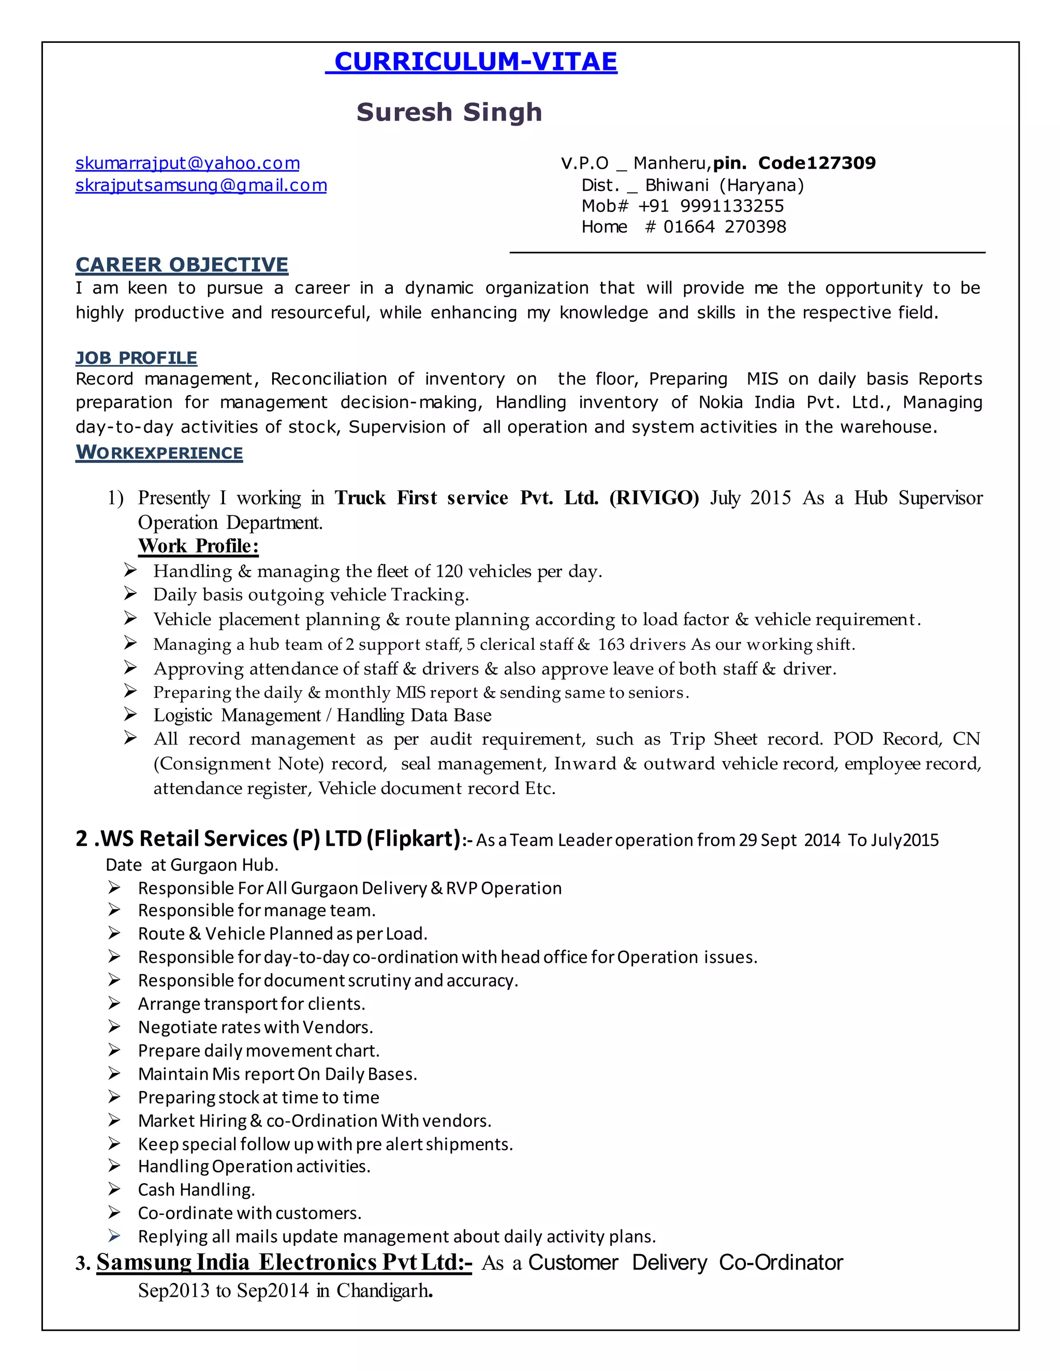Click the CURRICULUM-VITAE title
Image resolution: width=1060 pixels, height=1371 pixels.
(x=475, y=62)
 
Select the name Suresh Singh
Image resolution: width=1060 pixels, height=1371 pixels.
(x=449, y=112)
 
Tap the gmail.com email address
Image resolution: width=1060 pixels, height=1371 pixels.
(x=201, y=185)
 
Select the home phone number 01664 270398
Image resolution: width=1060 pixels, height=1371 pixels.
(x=725, y=227)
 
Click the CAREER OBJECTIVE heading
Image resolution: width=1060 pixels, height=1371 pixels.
(x=182, y=265)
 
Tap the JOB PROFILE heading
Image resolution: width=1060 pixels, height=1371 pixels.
(x=136, y=358)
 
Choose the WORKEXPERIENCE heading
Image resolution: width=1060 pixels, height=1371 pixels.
(x=159, y=453)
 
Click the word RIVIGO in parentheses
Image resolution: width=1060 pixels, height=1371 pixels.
(x=654, y=498)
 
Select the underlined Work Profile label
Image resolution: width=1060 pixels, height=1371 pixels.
(x=198, y=546)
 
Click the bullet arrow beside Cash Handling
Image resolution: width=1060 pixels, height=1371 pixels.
(x=114, y=1189)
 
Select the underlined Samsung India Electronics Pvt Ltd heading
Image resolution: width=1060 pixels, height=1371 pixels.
(x=284, y=1262)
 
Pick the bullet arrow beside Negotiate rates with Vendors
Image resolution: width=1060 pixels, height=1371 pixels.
(x=114, y=1026)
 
